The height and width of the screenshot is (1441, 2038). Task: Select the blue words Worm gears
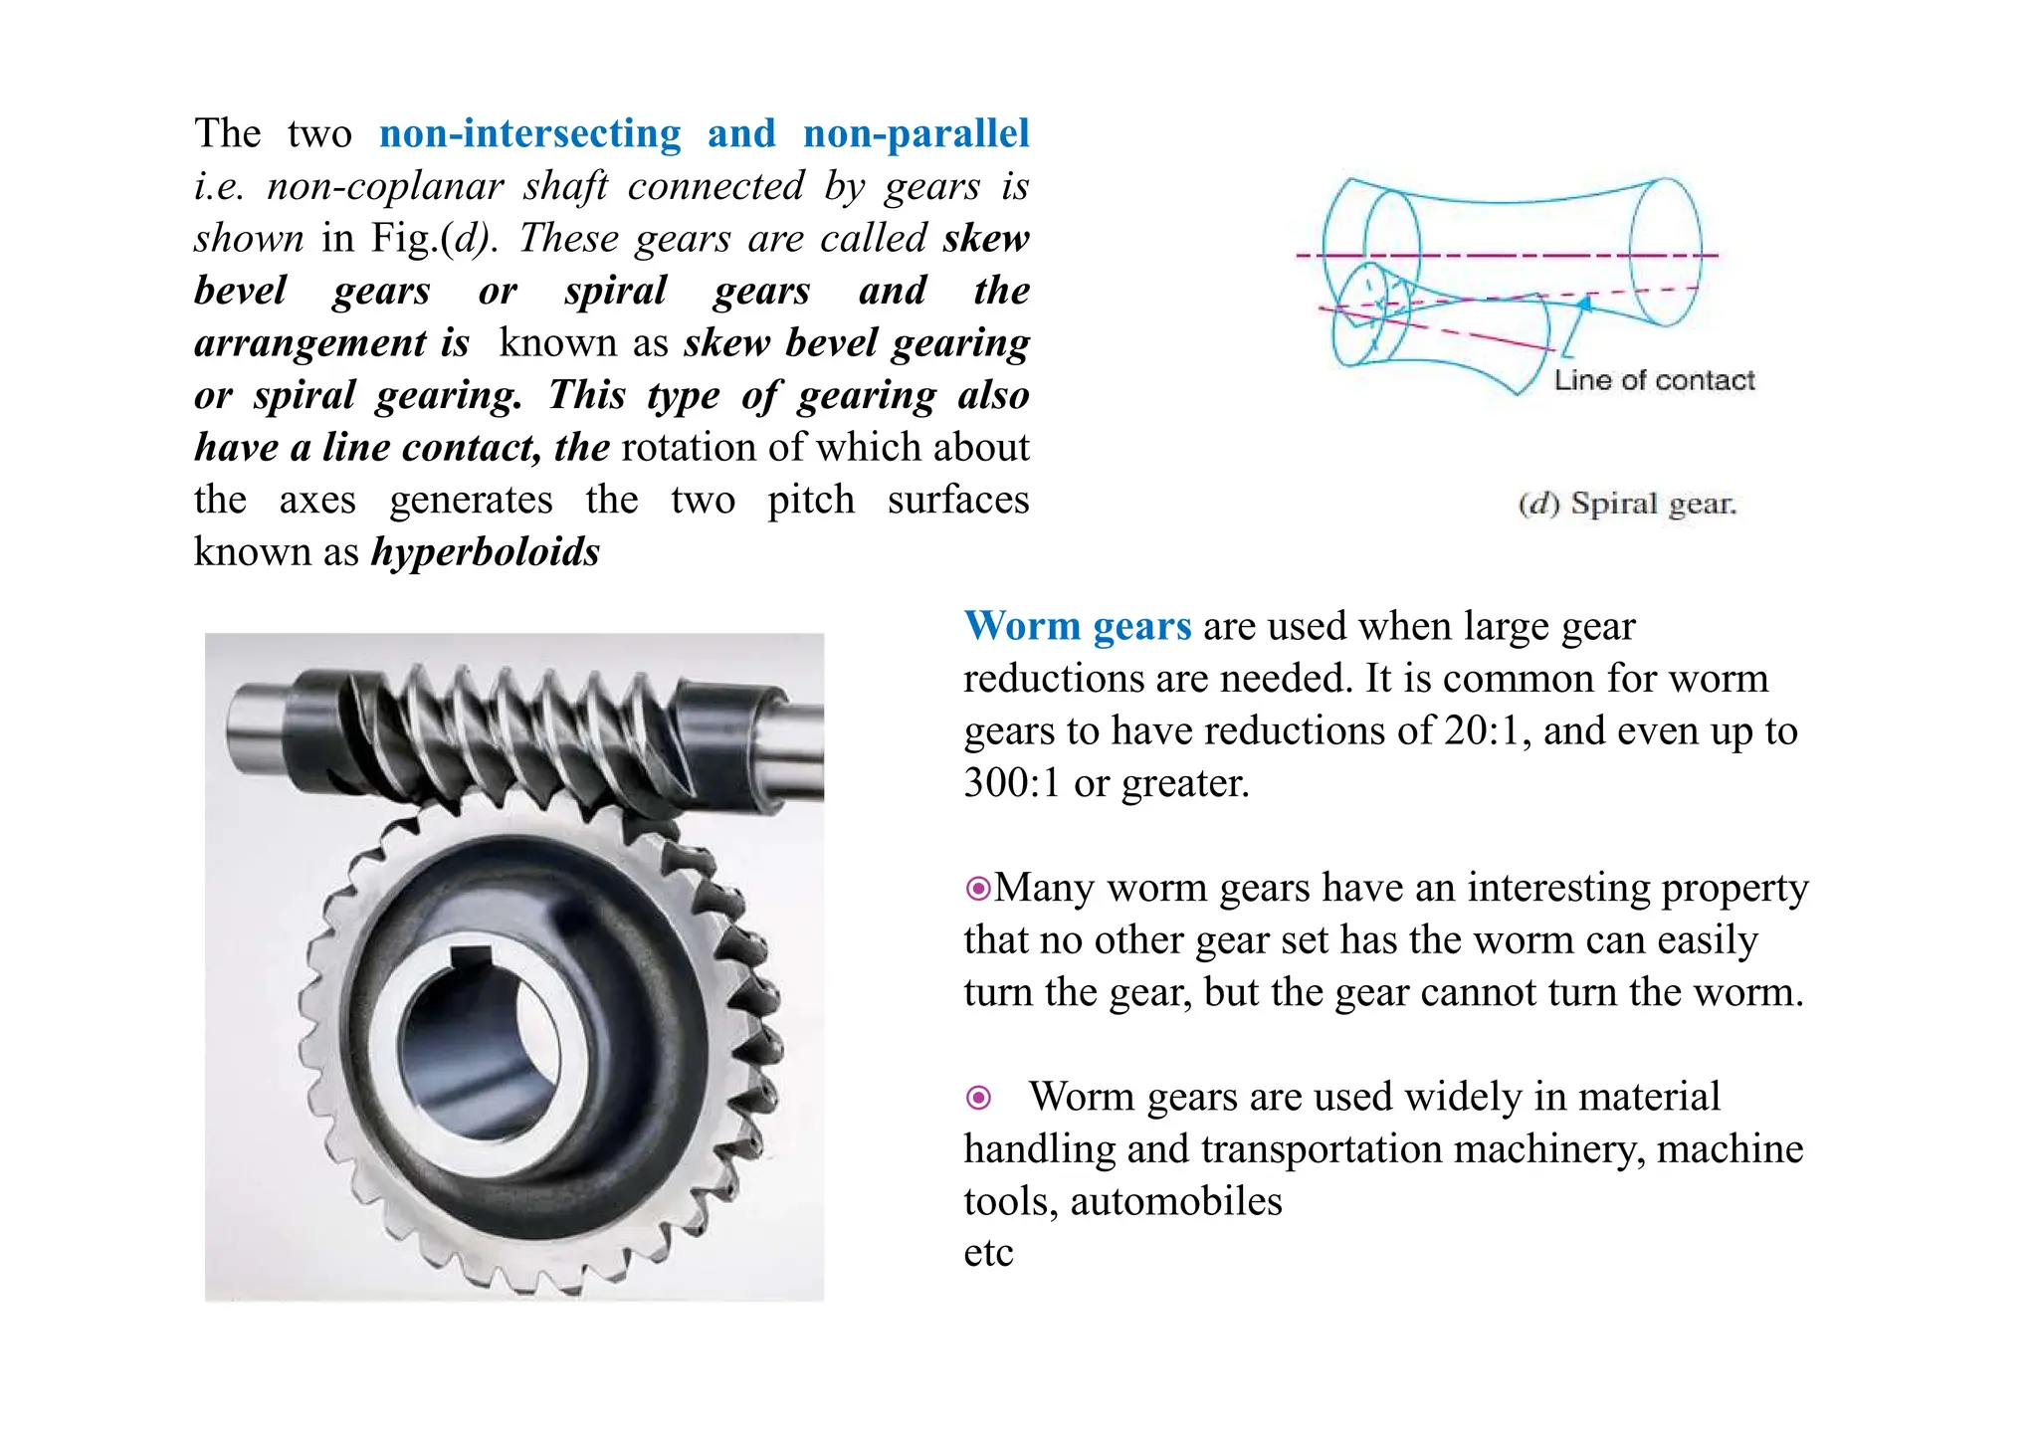(1078, 627)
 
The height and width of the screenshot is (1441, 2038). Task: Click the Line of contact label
(1654, 380)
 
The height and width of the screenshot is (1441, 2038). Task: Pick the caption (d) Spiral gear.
(1627, 504)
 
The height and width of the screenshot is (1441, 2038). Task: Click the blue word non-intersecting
(530, 134)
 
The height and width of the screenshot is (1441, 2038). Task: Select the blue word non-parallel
(916, 134)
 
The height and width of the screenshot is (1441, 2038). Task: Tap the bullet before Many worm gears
(978, 888)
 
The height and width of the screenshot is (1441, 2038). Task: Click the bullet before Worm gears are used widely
(979, 1098)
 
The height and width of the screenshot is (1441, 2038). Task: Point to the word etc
(988, 1254)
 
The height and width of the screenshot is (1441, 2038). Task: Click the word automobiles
(1176, 1202)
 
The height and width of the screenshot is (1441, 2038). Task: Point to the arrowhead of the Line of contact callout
(1585, 304)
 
